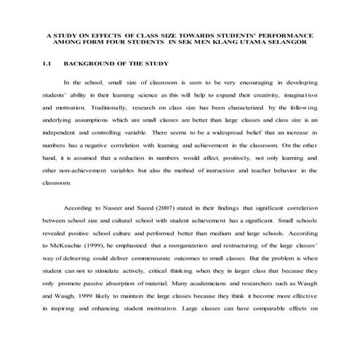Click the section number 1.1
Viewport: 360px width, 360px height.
pyautogui.click(x=49, y=64)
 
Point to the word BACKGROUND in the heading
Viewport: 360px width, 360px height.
pyautogui.click(x=99, y=64)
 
